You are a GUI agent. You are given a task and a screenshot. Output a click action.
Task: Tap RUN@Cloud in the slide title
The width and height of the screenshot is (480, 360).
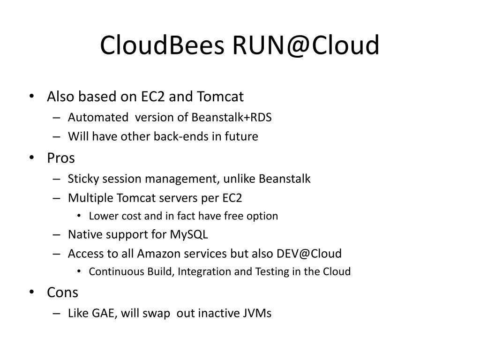point(304,46)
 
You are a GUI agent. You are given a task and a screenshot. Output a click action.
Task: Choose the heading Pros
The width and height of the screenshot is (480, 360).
point(61,158)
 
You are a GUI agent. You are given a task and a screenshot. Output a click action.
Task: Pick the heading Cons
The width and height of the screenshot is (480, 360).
point(62,292)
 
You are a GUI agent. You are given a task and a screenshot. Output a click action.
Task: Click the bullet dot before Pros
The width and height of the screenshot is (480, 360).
point(31,158)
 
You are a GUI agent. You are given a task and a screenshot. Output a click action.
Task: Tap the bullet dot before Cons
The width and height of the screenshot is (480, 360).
point(31,293)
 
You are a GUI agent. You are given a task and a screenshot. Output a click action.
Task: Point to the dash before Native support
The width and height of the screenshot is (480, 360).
point(57,234)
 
